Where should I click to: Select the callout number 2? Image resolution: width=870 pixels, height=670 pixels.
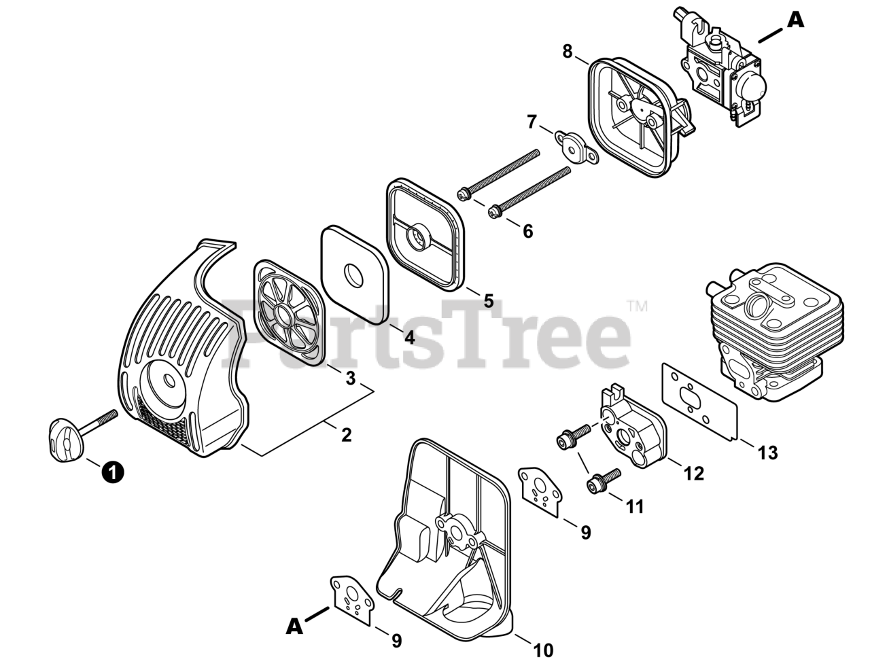(347, 435)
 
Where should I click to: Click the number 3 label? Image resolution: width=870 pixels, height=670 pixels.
(350, 378)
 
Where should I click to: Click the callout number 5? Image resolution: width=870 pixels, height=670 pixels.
(488, 300)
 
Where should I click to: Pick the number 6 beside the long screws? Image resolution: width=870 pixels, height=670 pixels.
(527, 231)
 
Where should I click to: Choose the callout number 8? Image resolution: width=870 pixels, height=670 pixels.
(568, 51)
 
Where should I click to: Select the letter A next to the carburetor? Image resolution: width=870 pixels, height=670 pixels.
(795, 20)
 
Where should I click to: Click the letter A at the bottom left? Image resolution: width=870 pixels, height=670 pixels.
(294, 626)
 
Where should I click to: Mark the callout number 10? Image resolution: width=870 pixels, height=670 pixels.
(543, 650)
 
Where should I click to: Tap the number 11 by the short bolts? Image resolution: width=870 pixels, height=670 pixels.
(635, 506)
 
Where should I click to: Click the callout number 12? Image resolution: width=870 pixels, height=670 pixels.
(694, 474)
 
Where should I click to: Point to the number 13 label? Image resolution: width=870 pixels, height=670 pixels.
(767, 452)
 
